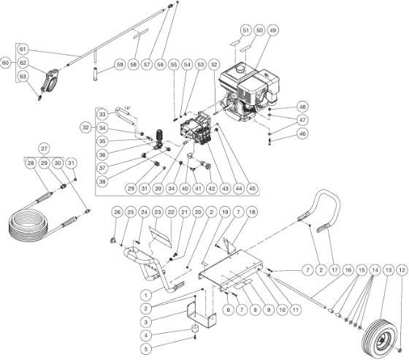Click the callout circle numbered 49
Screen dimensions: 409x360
[x=273, y=31]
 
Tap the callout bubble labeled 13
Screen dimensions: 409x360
[x=389, y=270]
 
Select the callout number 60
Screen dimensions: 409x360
[x=5, y=63]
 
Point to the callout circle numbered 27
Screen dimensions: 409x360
[x=44, y=148]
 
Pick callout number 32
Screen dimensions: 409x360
[x=86, y=128]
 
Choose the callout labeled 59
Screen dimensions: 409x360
[x=120, y=64]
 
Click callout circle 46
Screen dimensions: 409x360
[x=302, y=134]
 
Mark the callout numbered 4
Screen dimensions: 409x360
[x=146, y=335]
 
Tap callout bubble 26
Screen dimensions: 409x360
[x=117, y=212]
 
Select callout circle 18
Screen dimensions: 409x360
[x=252, y=212]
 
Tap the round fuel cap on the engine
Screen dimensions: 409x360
[x=240, y=69]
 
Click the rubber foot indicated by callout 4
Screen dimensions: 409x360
[x=196, y=329]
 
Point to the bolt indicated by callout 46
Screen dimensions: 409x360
[x=270, y=142]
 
